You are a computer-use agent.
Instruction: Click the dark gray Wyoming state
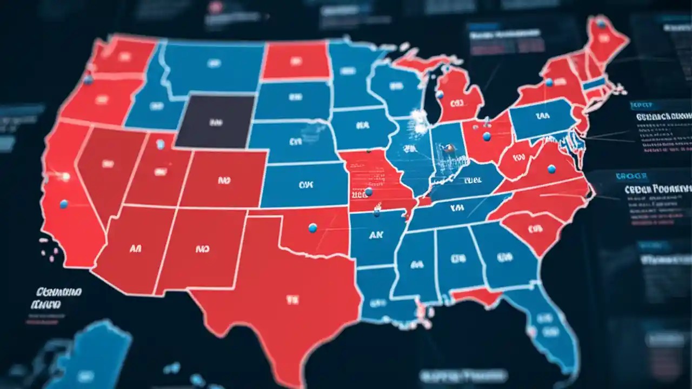[215, 121]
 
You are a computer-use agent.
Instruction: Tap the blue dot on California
[64, 204]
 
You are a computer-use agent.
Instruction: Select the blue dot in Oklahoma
[312, 228]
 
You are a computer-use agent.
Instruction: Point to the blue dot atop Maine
[601, 23]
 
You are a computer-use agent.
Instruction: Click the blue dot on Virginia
[551, 169]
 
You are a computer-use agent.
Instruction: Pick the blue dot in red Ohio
[487, 137]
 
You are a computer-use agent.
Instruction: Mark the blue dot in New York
[549, 82]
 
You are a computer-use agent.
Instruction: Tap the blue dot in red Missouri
[369, 191]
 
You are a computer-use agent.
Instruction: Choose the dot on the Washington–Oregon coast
[88, 80]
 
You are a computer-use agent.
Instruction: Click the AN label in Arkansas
[376, 236]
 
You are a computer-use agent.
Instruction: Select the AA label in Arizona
[135, 249]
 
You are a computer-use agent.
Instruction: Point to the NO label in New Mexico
[202, 250]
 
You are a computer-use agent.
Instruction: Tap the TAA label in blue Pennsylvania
[542, 116]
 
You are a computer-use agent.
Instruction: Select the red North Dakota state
[296, 61]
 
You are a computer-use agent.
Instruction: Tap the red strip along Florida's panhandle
[476, 296]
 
